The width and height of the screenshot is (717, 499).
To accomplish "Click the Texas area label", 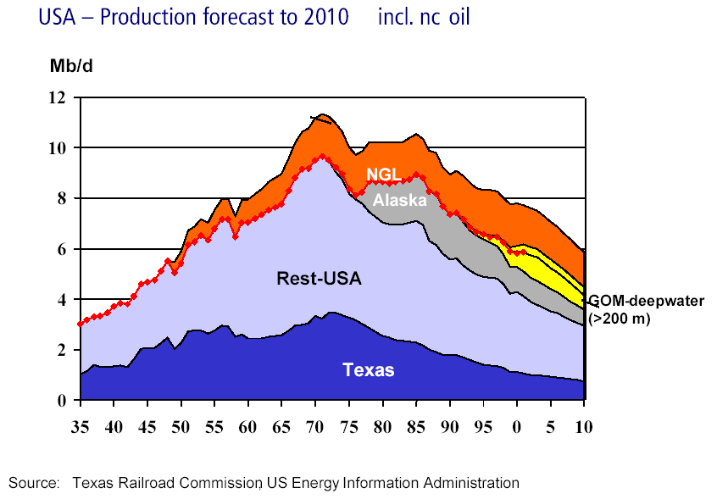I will (x=369, y=369).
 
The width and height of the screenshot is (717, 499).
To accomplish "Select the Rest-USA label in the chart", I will (x=319, y=278).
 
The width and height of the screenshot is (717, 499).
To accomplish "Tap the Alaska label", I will (x=398, y=199).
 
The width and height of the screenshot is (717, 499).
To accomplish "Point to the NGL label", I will (x=383, y=175).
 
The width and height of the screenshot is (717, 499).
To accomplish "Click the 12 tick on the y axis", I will (x=56, y=97).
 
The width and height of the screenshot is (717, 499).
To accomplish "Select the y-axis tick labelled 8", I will (x=60, y=198).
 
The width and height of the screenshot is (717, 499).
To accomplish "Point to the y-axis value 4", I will (x=60, y=299).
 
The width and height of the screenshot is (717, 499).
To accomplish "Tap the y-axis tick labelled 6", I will (x=60, y=249).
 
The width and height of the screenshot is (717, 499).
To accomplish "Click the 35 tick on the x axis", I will (x=80, y=427).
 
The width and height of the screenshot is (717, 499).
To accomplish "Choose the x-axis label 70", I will (x=315, y=427).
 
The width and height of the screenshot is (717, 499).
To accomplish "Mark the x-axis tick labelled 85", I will (x=416, y=427).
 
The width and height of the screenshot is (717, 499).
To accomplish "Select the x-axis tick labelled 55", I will (x=214, y=427).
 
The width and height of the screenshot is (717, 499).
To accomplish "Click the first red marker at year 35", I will (x=81, y=324).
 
